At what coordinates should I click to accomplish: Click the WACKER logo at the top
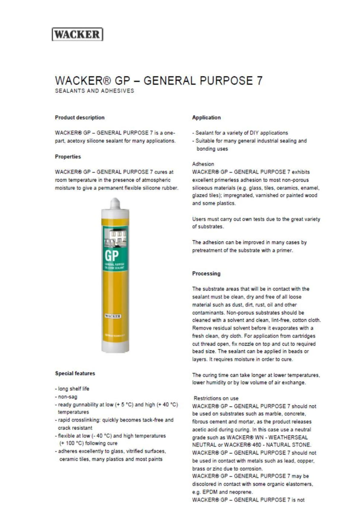[x=77, y=34]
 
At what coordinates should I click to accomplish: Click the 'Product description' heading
[x=80, y=117]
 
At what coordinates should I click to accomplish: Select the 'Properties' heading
[x=68, y=157]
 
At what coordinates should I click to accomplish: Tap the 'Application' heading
[x=207, y=117]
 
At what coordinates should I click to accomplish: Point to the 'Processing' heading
[x=207, y=274]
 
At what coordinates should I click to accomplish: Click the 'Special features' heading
[x=75, y=373]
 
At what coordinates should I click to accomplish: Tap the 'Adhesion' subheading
[x=203, y=164]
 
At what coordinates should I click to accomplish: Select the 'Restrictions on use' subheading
[x=216, y=398]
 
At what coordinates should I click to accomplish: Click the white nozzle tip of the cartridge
[x=115, y=203]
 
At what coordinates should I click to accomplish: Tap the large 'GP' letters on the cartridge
[x=111, y=256]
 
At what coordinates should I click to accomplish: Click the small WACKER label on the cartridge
[x=113, y=316]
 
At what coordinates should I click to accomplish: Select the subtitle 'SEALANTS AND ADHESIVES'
[x=95, y=91]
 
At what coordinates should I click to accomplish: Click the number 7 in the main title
[x=259, y=81]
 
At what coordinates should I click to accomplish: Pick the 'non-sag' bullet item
[x=68, y=397]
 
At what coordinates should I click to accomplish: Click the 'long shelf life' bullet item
[x=74, y=389]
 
